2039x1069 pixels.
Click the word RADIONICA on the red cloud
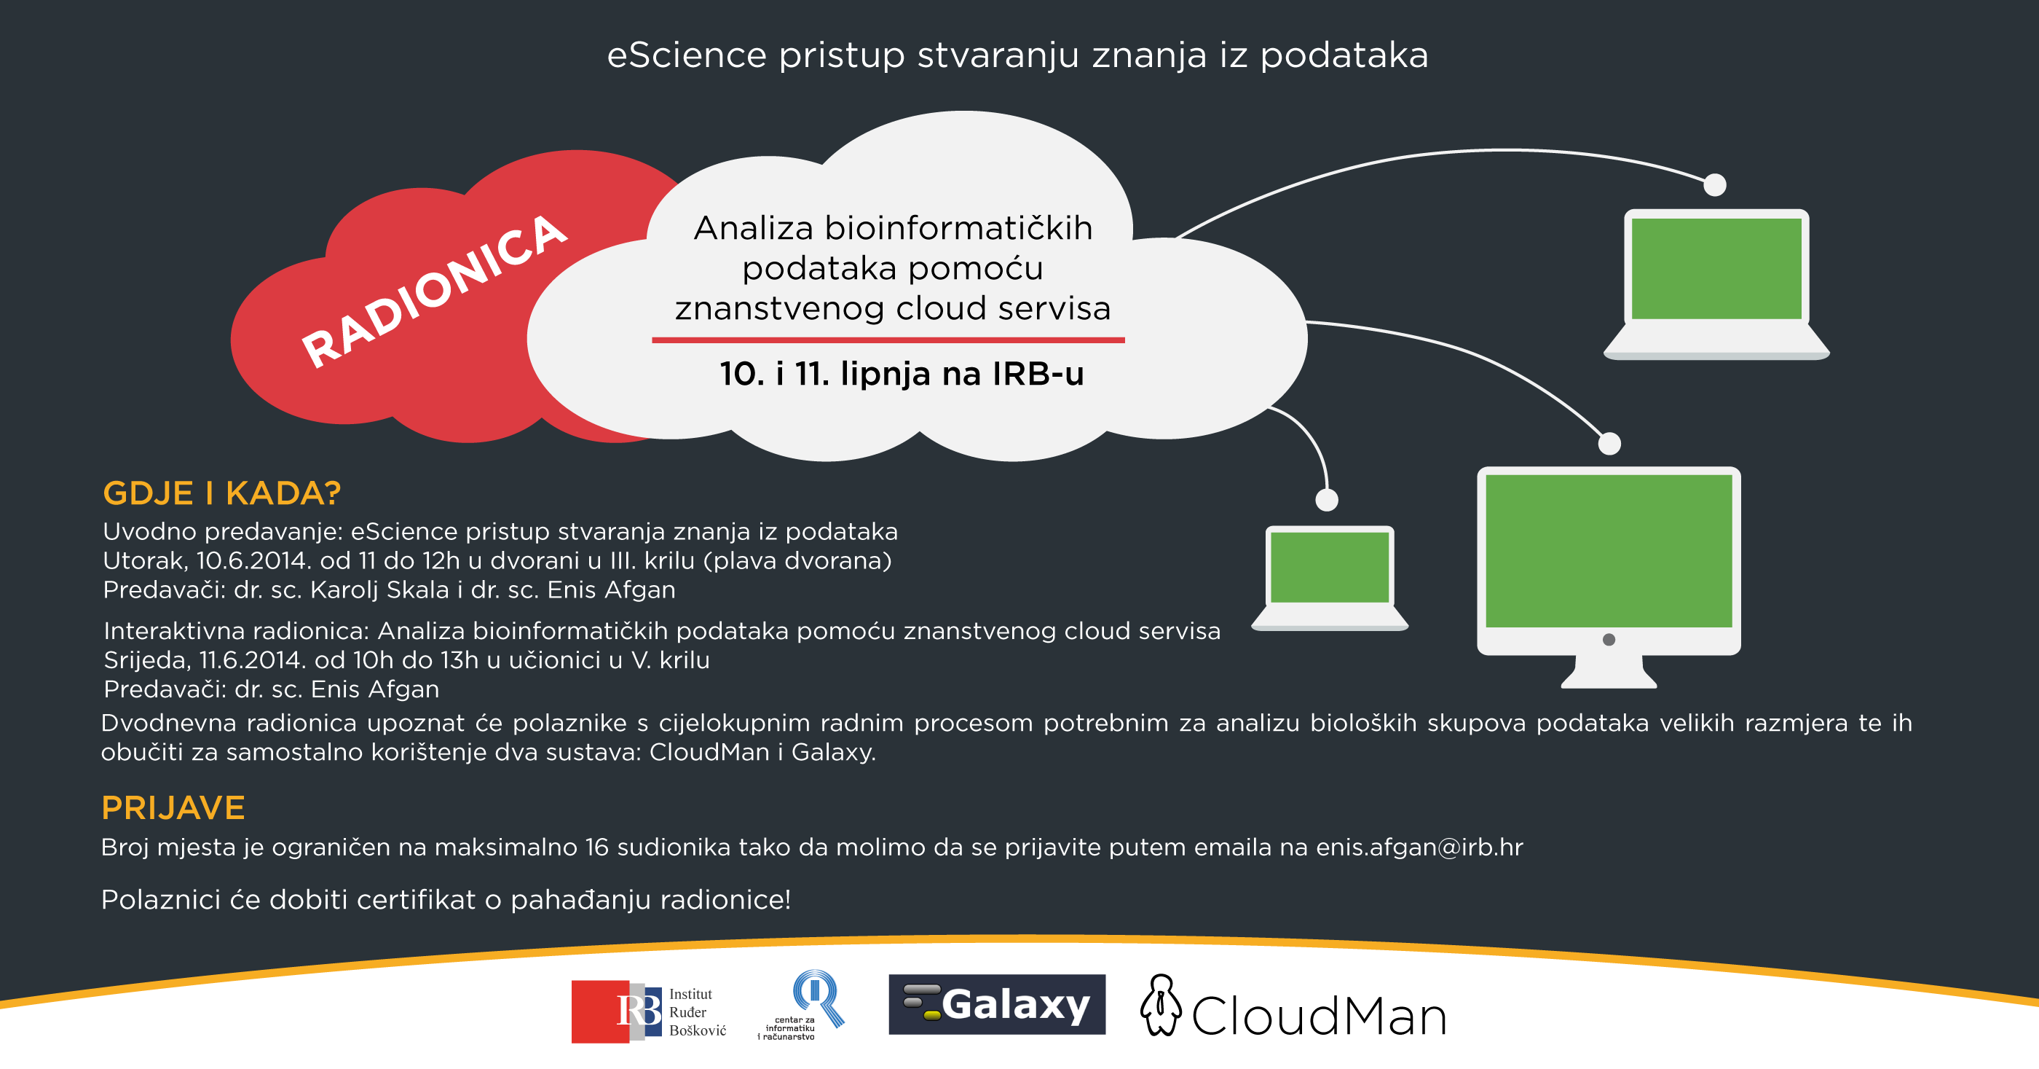point(434,291)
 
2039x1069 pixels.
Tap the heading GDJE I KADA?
point(221,493)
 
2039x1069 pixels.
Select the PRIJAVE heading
point(173,807)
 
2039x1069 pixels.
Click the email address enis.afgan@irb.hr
point(1419,847)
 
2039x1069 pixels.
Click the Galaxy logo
point(996,1004)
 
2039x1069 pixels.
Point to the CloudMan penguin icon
point(1160,1005)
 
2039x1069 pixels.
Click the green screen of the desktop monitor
point(1609,550)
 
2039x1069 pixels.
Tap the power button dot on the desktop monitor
point(1609,639)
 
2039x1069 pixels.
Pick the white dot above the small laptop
point(1327,500)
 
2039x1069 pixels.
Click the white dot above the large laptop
point(1714,184)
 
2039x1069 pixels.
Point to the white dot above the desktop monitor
point(1609,444)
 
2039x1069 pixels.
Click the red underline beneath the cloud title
point(888,340)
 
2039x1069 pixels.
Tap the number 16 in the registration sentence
point(597,847)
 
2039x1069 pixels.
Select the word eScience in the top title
point(687,55)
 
